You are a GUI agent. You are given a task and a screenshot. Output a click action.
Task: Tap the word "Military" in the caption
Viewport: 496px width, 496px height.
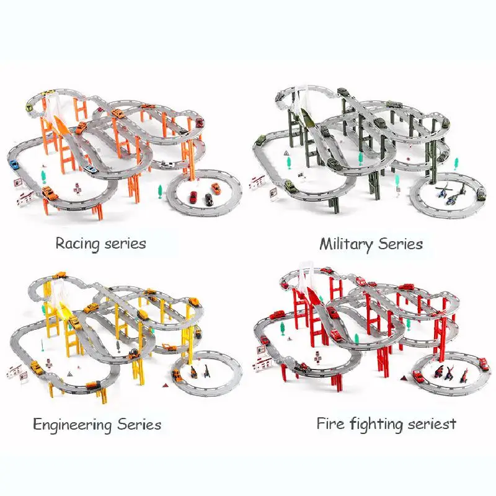click(346, 244)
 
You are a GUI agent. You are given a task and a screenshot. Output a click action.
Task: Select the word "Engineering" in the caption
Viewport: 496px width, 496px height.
click(72, 425)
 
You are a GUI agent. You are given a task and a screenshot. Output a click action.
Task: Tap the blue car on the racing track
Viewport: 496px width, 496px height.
click(13, 165)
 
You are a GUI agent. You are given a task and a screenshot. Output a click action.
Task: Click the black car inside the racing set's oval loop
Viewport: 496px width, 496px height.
click(208, 199)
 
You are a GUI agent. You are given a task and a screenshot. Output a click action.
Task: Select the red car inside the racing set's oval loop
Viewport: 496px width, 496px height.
click(193, 197)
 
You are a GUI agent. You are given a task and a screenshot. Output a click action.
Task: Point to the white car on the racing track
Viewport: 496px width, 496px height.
click(167, 164)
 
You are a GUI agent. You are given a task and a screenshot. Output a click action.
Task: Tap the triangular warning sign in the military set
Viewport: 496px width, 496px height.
click(286, 153)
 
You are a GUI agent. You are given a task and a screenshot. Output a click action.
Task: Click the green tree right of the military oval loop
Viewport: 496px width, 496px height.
click(456, 163)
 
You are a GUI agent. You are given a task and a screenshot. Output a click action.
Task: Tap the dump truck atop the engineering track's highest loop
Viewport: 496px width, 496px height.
click(60, 275)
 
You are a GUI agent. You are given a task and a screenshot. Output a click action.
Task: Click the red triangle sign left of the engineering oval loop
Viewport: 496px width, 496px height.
click(165, 385)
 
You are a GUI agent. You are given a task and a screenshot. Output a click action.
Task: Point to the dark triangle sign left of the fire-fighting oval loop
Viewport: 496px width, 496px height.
click(404, 378)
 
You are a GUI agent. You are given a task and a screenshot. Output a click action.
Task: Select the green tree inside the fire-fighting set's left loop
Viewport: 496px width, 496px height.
click(283, 329)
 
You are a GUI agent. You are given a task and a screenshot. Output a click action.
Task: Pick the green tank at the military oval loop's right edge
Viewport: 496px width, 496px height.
click(480, 193)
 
